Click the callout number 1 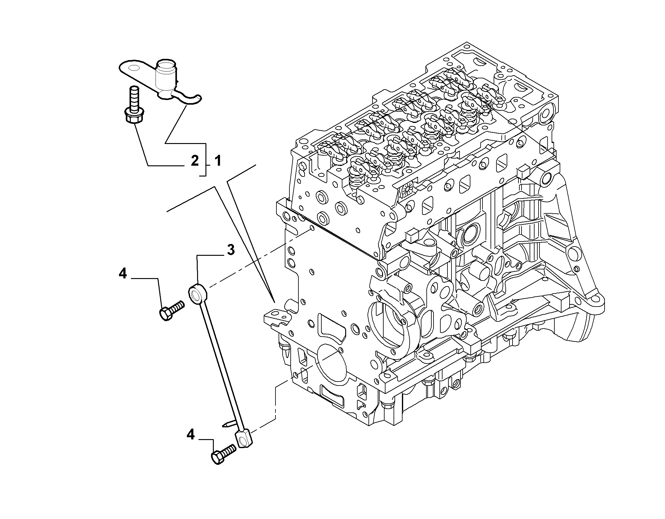(x=218, y=161)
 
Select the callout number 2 (x=194, y=161)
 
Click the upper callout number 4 (x=123, y=273)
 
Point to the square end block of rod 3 (x=244, y=438)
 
